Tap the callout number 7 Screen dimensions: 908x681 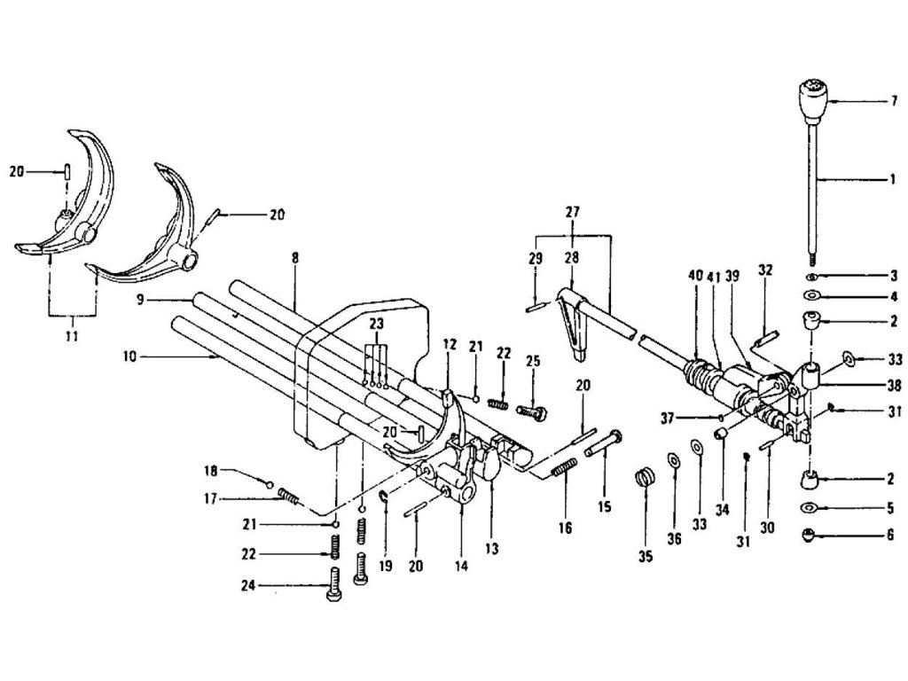click(894, 100)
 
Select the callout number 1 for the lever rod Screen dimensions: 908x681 click(893, 179)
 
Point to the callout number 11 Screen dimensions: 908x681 click(72, 336)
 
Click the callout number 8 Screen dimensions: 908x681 click(295, 258)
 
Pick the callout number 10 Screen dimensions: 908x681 click(129, 356)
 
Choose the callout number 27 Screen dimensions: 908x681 click(572, 212)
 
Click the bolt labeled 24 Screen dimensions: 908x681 click(333, 583)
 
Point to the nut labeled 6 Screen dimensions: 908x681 click(809, 535)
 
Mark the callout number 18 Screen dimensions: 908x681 click(210, 471)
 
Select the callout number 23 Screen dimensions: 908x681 click(376, 323)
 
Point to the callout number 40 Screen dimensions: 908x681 click(696, 275)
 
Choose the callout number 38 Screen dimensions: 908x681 click(894, 385)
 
